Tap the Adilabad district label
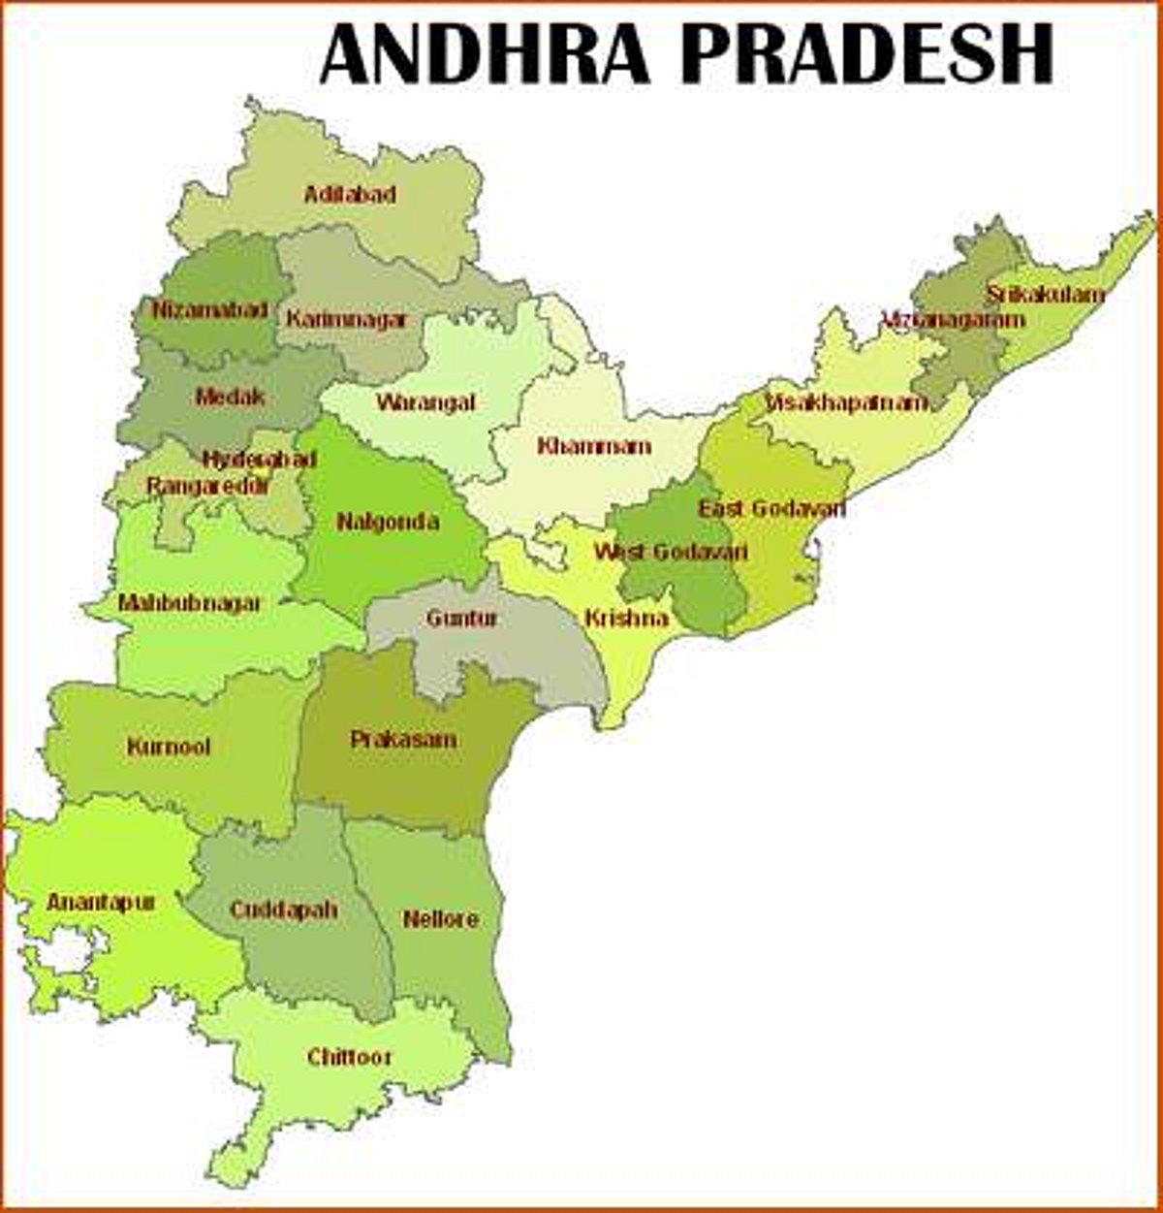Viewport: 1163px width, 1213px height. point(350,195)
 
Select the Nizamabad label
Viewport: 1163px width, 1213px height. point(210,310)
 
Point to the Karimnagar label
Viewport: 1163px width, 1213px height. point(346,319)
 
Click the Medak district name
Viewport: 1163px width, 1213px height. point(230,397)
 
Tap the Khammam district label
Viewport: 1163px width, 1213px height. point(594,447)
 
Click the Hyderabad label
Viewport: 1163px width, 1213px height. point(260,460)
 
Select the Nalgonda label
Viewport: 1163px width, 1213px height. point(388,522)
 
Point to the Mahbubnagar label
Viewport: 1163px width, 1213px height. point(190,603)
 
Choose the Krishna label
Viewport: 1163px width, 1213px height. point(626,618)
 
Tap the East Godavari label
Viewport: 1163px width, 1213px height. point(772,508)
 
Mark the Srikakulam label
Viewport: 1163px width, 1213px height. point(1046,294)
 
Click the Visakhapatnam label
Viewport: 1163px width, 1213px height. point(846,402)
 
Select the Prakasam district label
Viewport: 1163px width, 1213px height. point(403,740)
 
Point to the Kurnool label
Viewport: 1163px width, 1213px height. point(169,748)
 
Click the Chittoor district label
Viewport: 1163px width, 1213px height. point(349,1057)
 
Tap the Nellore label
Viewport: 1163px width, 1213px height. point(440,918)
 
